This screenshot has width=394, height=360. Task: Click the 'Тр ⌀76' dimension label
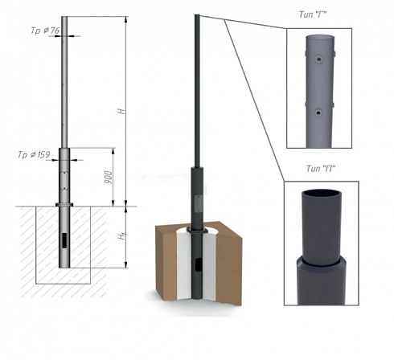(45, 31)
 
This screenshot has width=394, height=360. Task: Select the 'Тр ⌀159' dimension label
(34, 154)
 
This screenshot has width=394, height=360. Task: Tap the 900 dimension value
(109, 177)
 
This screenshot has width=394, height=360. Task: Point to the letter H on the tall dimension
(122, 111)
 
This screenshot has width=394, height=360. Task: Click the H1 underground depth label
(122, 236)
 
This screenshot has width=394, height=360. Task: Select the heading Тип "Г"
(313, 14)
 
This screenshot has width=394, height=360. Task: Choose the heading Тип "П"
(321, 169)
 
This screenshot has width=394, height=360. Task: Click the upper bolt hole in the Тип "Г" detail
(318, 59)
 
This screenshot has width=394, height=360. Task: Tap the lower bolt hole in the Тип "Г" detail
(318, 112)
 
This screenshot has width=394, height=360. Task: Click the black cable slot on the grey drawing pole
(64, 240)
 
